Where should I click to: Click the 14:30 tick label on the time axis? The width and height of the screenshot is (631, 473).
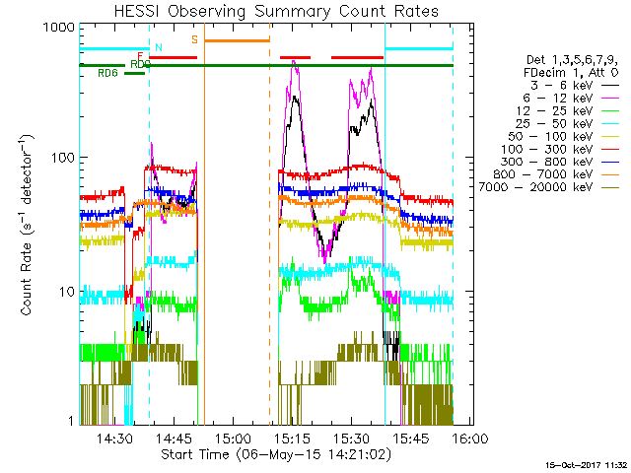click(x=115, y=439)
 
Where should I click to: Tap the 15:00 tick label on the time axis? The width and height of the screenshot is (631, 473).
click(x=233, y=439)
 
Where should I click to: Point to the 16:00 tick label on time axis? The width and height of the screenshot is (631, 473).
click(x=466, y=439)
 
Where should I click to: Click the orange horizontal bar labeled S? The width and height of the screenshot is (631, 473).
click(x=237, y=40)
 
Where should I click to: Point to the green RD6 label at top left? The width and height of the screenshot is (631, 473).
click(x=107, y=73)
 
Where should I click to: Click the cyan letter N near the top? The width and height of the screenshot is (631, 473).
click(x=158, y=46)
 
